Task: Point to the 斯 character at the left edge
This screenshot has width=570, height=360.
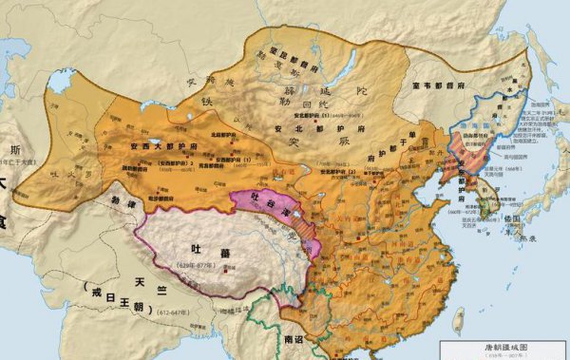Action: pyautogui.click(x=12, y=150)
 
